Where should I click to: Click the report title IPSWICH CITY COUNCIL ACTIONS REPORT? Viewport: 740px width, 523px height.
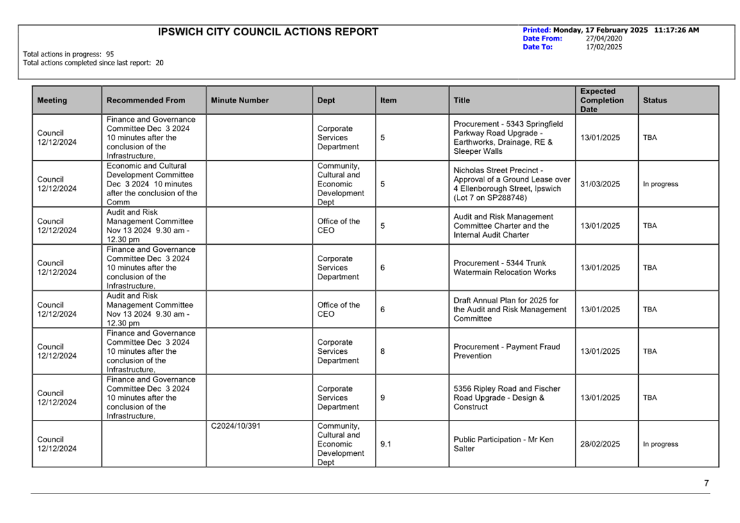tap(268, 32)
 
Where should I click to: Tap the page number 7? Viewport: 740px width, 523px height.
tap(706, 483)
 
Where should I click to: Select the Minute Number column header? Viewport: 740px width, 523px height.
tap(240, 101)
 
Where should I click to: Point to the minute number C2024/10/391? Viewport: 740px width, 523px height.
tap(235, 426)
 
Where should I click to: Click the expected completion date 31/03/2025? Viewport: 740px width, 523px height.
tap(600, 184)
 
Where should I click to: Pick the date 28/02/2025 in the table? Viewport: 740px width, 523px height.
tap(600, 444)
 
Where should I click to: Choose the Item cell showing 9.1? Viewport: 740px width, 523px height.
tap(386, 444)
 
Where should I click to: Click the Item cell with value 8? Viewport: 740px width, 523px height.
tap(382, 351)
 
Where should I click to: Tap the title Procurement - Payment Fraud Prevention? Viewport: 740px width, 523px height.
tap(506, 351)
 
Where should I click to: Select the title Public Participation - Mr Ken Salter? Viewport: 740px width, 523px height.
tap(503, 444)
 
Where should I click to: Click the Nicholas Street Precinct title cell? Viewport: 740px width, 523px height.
tap(511, 184)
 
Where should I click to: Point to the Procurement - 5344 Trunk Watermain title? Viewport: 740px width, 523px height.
tap(504, 268)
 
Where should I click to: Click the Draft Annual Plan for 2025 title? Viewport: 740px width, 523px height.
tap(509, 310)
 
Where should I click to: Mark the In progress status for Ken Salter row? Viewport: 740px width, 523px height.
tap(660, 444)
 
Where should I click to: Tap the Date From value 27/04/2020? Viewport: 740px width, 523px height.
tap(604, 38)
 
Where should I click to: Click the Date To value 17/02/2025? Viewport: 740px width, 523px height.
tap(604, 47)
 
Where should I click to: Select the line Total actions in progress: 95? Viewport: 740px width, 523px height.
tap(69, 54)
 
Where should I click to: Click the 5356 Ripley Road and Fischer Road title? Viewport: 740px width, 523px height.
tap(506, 397)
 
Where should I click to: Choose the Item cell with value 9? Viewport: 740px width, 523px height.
tap(382, 397)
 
